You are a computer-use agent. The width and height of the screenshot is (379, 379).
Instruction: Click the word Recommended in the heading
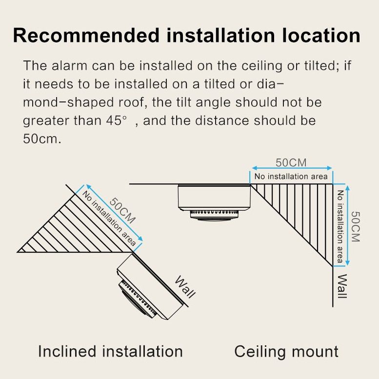86,36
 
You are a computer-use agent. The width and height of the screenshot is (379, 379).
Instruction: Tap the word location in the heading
321,36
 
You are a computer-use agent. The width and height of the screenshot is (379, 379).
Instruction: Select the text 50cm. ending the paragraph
42,139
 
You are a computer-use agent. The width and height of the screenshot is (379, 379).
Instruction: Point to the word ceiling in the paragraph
262,66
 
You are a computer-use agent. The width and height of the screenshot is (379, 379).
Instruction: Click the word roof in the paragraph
132,102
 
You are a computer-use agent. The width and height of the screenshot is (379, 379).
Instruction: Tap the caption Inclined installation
110,351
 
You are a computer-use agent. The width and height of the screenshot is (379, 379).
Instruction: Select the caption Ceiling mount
286,352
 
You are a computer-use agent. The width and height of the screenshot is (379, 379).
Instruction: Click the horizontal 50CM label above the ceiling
291,162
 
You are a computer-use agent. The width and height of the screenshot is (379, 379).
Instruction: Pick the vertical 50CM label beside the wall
356,226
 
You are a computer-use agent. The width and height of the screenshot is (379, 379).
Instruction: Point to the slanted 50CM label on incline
122,211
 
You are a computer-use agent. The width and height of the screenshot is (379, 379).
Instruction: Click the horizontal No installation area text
291,177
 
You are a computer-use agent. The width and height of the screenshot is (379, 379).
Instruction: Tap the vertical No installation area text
340,226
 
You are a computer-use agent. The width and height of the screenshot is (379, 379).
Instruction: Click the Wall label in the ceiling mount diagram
342,286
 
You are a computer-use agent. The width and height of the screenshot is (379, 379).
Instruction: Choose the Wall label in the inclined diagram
185,287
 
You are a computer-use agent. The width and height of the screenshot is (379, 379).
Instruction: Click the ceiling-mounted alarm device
214,202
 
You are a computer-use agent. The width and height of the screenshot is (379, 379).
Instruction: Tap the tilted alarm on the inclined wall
150,287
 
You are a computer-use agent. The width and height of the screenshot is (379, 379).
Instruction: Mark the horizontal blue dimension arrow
292,168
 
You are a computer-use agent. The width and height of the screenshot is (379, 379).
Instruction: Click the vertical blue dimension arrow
347,225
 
